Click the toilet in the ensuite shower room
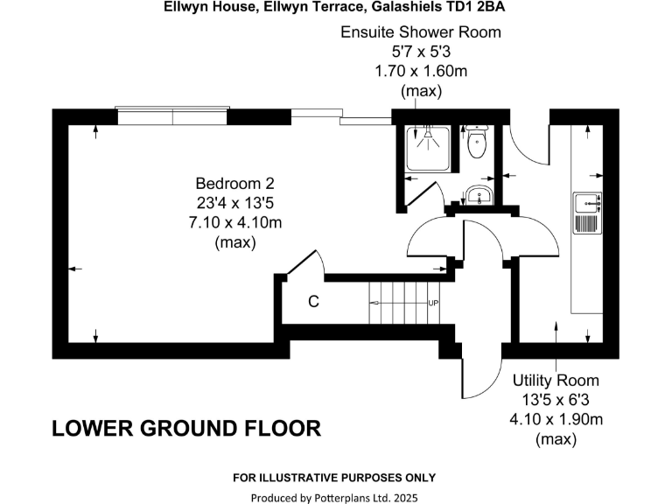click(x=477, y=143)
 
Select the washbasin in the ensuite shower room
click(x=478, y=196)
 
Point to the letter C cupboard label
click(x=312, y=302)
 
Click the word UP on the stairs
click(x=432, y=303)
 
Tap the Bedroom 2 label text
click(x=234, y=184)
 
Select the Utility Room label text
click(x=556, y=381)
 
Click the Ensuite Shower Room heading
click(x=421, y=33)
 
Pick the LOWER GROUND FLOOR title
click(x=186, y=429)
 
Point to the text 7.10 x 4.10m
click(x=234, y=223)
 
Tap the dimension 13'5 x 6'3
click(x=556, y=400)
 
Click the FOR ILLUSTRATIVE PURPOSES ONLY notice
click(x=333, y=478)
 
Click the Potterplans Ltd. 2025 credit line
click(x=335, y=497)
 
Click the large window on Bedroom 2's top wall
click(x=172, y=114)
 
